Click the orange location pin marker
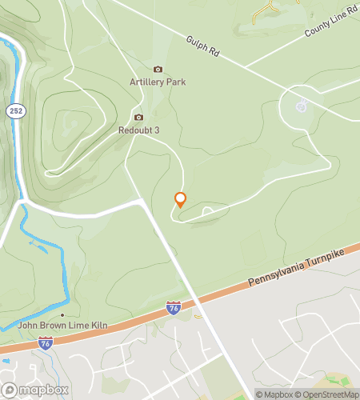180,200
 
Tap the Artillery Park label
158,82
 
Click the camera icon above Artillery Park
158,70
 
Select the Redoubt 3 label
139,130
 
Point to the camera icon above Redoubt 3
138,117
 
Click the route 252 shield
15,111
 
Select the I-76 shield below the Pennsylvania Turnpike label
173,306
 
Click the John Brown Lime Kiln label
62,326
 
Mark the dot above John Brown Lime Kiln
62,315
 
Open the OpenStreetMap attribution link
327,394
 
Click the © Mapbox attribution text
274,394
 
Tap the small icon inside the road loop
302,106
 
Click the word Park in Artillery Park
176,82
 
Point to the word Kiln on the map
97,326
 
